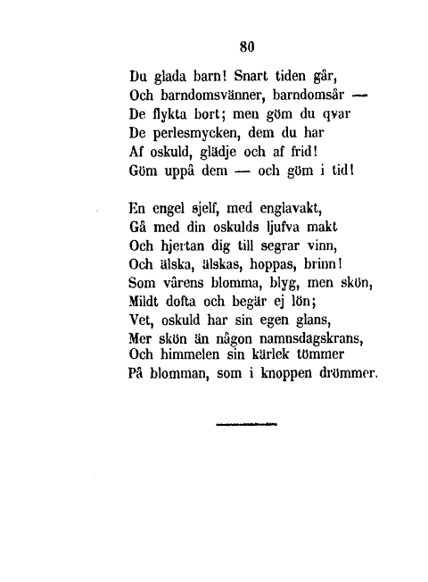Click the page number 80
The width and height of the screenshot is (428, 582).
point(247,49)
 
